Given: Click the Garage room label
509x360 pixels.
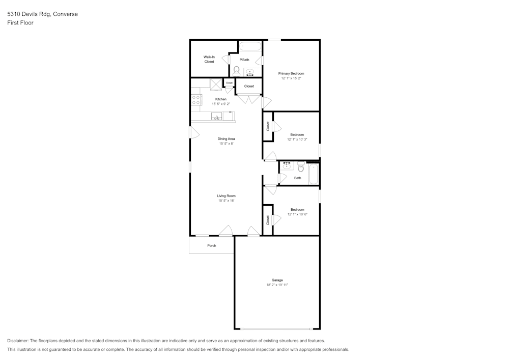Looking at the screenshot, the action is coord(277,280).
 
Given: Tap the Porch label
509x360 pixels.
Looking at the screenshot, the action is coord(212,246).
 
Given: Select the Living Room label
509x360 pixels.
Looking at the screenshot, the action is coord(227,196).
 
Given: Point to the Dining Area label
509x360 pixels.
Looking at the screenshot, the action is coord(227,139).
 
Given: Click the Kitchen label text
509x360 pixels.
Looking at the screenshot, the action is coord(221,99).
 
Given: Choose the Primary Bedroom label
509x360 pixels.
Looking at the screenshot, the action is coord(291,73).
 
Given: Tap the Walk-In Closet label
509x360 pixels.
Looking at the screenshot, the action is coord(209,59).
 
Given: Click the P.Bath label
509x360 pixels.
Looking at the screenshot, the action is coord(244,60).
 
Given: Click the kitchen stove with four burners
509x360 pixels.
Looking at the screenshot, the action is coord(196,99).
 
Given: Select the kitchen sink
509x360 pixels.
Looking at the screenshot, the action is coord(216,116).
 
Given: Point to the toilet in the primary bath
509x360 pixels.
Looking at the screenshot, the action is coord(236,71).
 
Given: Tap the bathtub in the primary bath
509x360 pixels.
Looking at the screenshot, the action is coord(250,46).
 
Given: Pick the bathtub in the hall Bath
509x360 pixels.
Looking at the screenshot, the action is coord(314,174).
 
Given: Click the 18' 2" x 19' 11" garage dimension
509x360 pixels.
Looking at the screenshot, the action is coord(277,285).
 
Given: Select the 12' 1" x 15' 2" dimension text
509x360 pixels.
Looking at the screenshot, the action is coord(291,78).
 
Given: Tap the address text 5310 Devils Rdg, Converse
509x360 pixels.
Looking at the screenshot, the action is coord(43,14).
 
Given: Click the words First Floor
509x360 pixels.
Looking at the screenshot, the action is coord(20,23).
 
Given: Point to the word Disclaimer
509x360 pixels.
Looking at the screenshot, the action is coord(18,341).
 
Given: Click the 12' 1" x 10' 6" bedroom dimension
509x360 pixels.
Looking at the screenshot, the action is coord(297,214).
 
